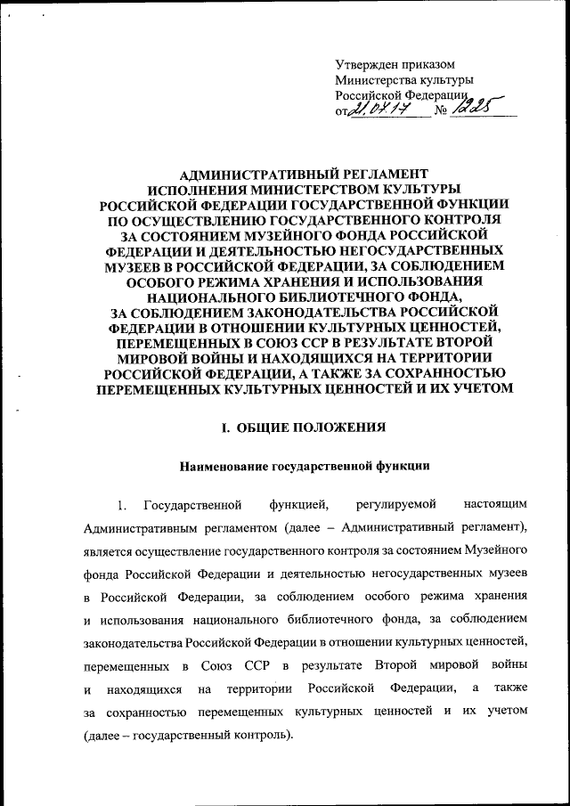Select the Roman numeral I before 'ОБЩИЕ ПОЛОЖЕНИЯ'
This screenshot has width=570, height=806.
223,428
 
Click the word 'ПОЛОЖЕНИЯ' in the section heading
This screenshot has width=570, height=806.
342,428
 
